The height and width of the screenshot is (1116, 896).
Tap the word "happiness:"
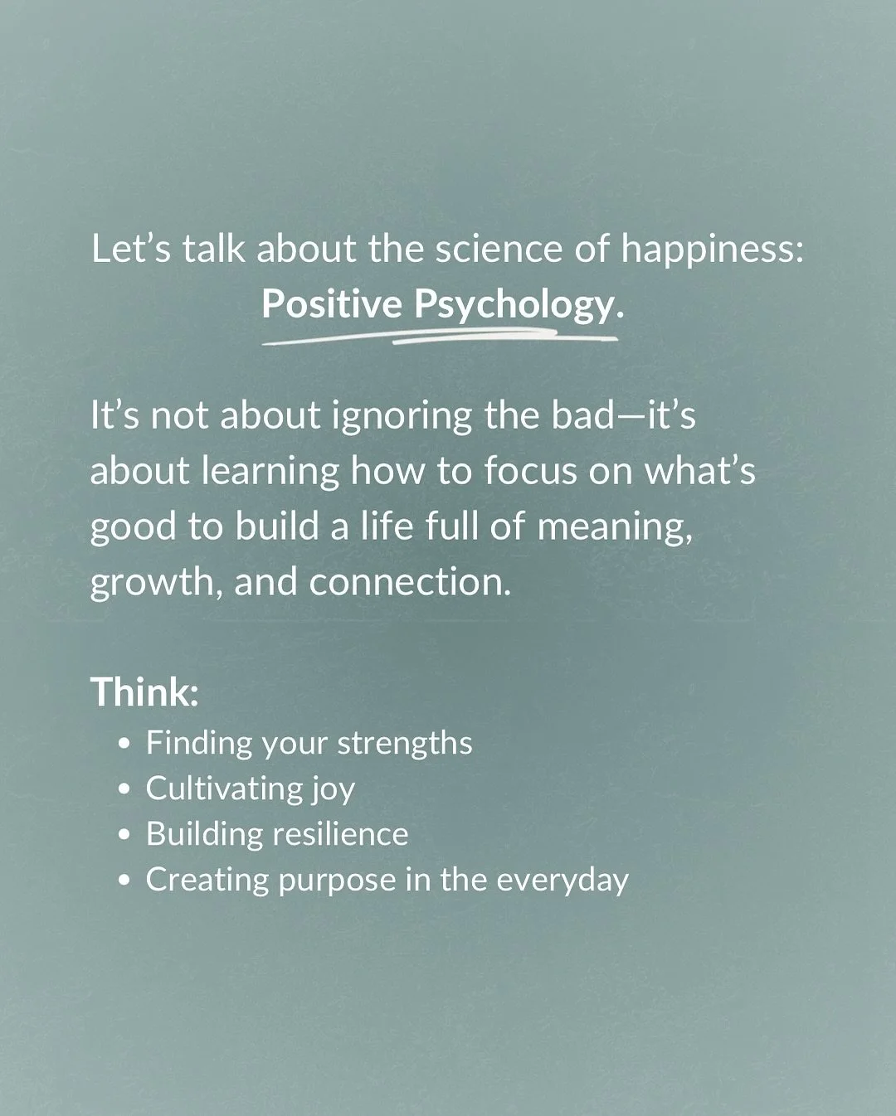tap(713, 250)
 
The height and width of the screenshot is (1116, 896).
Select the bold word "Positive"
tap(332, 305)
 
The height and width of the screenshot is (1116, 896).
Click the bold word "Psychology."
tap(518, 305)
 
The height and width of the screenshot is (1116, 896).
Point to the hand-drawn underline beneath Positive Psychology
tap(440, 337)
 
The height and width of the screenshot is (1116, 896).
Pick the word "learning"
tap(270, 471)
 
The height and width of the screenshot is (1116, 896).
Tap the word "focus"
tap(531, 470)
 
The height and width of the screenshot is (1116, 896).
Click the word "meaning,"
tap(614, 526)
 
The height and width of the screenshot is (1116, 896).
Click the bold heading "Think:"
tap(144, 691)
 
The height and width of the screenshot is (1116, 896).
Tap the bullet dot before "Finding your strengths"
tap(125, 744)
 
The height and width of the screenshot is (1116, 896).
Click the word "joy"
tap(333, 789)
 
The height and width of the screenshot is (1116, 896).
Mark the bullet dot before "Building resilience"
tap(125, 836)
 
